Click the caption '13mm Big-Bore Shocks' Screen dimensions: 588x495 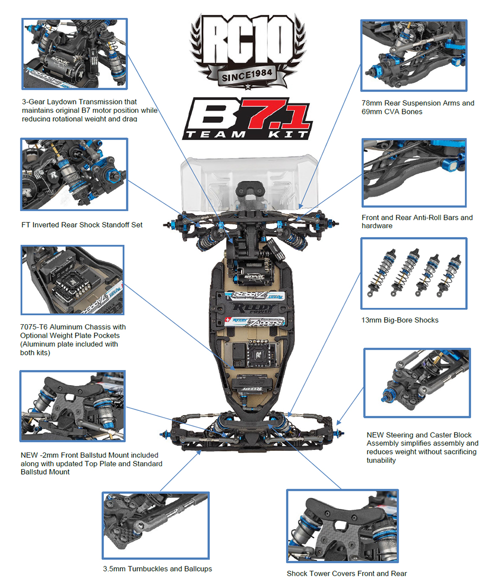tap(399, 320)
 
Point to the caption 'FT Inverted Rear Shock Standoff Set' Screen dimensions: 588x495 tap(82, 225)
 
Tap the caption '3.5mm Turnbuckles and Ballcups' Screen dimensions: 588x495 tap(157, 569)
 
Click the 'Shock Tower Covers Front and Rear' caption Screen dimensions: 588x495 tap(346, 574)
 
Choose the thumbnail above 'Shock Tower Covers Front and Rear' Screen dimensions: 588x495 tap(342, 526)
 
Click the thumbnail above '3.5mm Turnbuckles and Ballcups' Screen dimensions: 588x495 tap(156, 525)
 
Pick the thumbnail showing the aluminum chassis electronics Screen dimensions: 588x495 tap(72, 280)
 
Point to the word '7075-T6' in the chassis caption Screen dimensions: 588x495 tap(35, 327)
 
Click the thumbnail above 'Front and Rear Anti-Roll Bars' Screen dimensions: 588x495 tap(414, 172)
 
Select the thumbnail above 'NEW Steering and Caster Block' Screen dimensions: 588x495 tap(417, 383)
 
